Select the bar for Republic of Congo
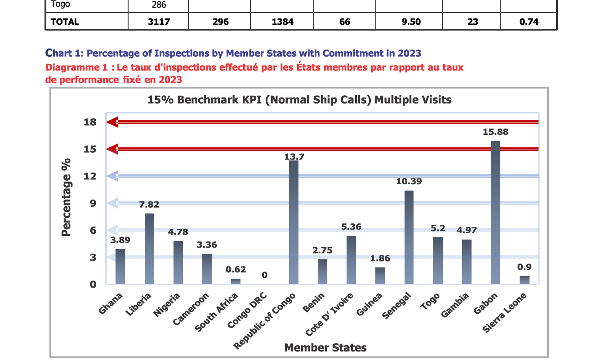pos(294,222)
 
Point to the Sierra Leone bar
pos(524,280)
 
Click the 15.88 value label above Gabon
pos(496,132)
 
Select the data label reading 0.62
pos(236,270)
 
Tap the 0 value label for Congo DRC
pos(265,275)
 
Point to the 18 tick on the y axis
pos(90,122)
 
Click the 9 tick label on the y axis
pos(93,203)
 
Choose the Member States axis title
pos(325,347)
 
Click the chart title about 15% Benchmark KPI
pos(299,100)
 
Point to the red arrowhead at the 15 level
pos(112,149)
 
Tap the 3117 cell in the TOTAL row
pos(159,22)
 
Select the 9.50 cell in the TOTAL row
pos(411,22)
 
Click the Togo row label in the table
pos(61,4)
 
